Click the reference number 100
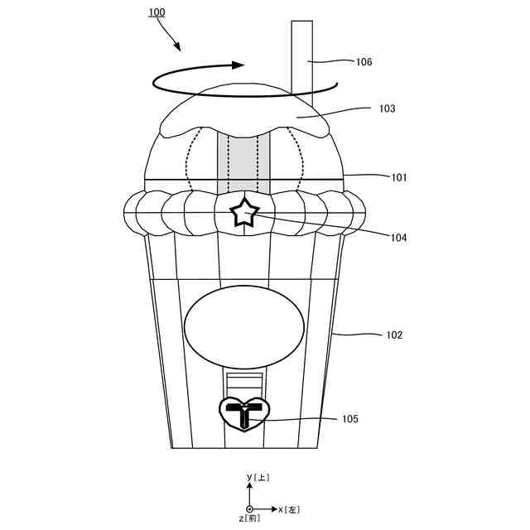(x=156, y=13)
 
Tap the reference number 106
(x=364, y=61)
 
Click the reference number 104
(x=400, y=238)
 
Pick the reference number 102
(x=394, y=335)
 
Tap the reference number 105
(x=350, y=419)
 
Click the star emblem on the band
(x=244, y=213)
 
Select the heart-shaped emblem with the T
(x=244, y=413)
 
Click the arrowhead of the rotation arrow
(x=239, y=65)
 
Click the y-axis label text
(x=258, y=478)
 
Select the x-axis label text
(x=289, y=508)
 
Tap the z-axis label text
(x=249, y=518)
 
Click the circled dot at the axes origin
(x=249, y=508)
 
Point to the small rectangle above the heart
(x=244, y=383)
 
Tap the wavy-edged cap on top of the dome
(x=244, y=112)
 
